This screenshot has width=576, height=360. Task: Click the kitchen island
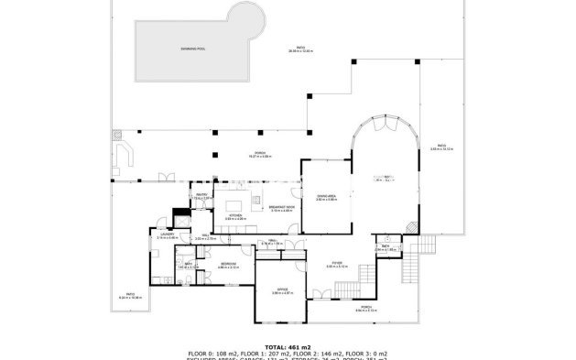tap(234, 204)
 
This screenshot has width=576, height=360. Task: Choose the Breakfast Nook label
tap(281, 209)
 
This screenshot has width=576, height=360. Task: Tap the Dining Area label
tap(326, 197)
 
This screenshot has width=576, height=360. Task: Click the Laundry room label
tap(166, 235)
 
